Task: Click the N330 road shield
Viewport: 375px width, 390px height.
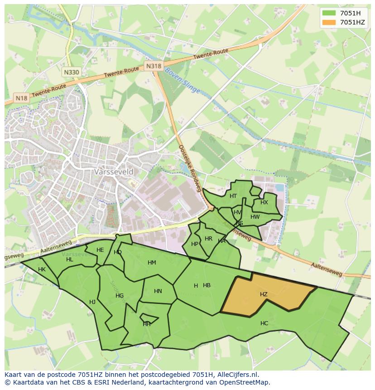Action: pos(71,72)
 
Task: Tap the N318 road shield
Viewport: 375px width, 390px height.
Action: pos(154,66)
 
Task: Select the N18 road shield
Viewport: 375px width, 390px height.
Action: pos(21,98)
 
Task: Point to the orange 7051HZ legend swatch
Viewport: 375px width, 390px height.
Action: pos(329,22)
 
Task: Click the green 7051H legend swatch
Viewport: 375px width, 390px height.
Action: pos(329,13)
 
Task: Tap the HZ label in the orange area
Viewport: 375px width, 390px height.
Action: pos(264,294)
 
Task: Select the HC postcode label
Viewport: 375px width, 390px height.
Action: pos(264,323)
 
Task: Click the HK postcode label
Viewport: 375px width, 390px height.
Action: pos(42,270)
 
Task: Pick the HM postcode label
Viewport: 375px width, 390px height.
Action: pos(152,263)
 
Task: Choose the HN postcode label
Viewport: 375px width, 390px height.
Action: pos(158,291)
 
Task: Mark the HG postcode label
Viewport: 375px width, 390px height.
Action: pos(120,296)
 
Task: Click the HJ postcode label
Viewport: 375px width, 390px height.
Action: pos(92,302)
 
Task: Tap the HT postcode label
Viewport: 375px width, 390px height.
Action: pos(233,196)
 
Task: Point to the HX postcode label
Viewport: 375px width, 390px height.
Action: pos(264,202)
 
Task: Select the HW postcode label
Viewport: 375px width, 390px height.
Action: pos(255,217)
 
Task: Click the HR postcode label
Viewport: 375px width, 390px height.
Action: pos(208,239)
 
